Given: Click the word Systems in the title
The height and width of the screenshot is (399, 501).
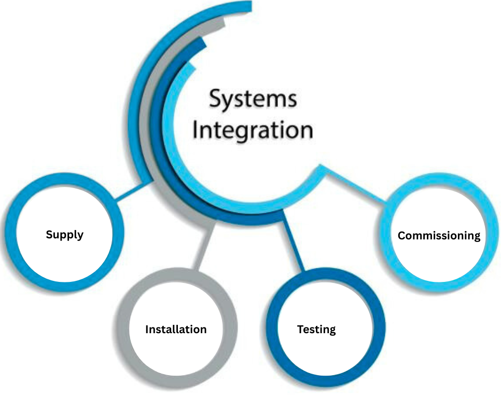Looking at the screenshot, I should pyautogui.click(x=253, y=98).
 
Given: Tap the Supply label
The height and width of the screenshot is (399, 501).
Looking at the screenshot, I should pyautogui.click(x=64, y=235).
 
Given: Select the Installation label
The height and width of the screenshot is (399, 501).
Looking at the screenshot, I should pyautogui.click(x=176, y=330).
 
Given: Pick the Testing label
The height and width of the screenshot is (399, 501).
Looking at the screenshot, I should pyautogui.click(x=316, y=330).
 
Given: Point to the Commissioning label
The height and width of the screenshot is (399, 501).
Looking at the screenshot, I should pyautogui.click(x=439, y=235).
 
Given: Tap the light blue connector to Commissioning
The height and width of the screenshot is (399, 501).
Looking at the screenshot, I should pyautogui.click(x=358, y=187).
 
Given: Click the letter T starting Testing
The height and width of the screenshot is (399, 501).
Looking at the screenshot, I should pyautogui.click(x=300, y=329).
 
